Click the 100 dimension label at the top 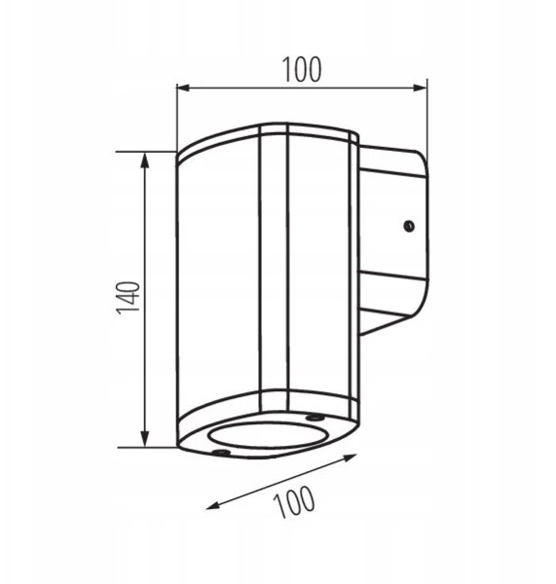pos(302,70)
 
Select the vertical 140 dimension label pos(129,298)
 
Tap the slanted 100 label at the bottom pos(294,501)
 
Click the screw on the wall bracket pos(409,226)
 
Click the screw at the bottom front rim pos(220,453)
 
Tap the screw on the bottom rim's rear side pos(313,418)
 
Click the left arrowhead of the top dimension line pos(184,88)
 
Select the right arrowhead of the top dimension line pos(420,88)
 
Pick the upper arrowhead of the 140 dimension pos(144,160)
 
